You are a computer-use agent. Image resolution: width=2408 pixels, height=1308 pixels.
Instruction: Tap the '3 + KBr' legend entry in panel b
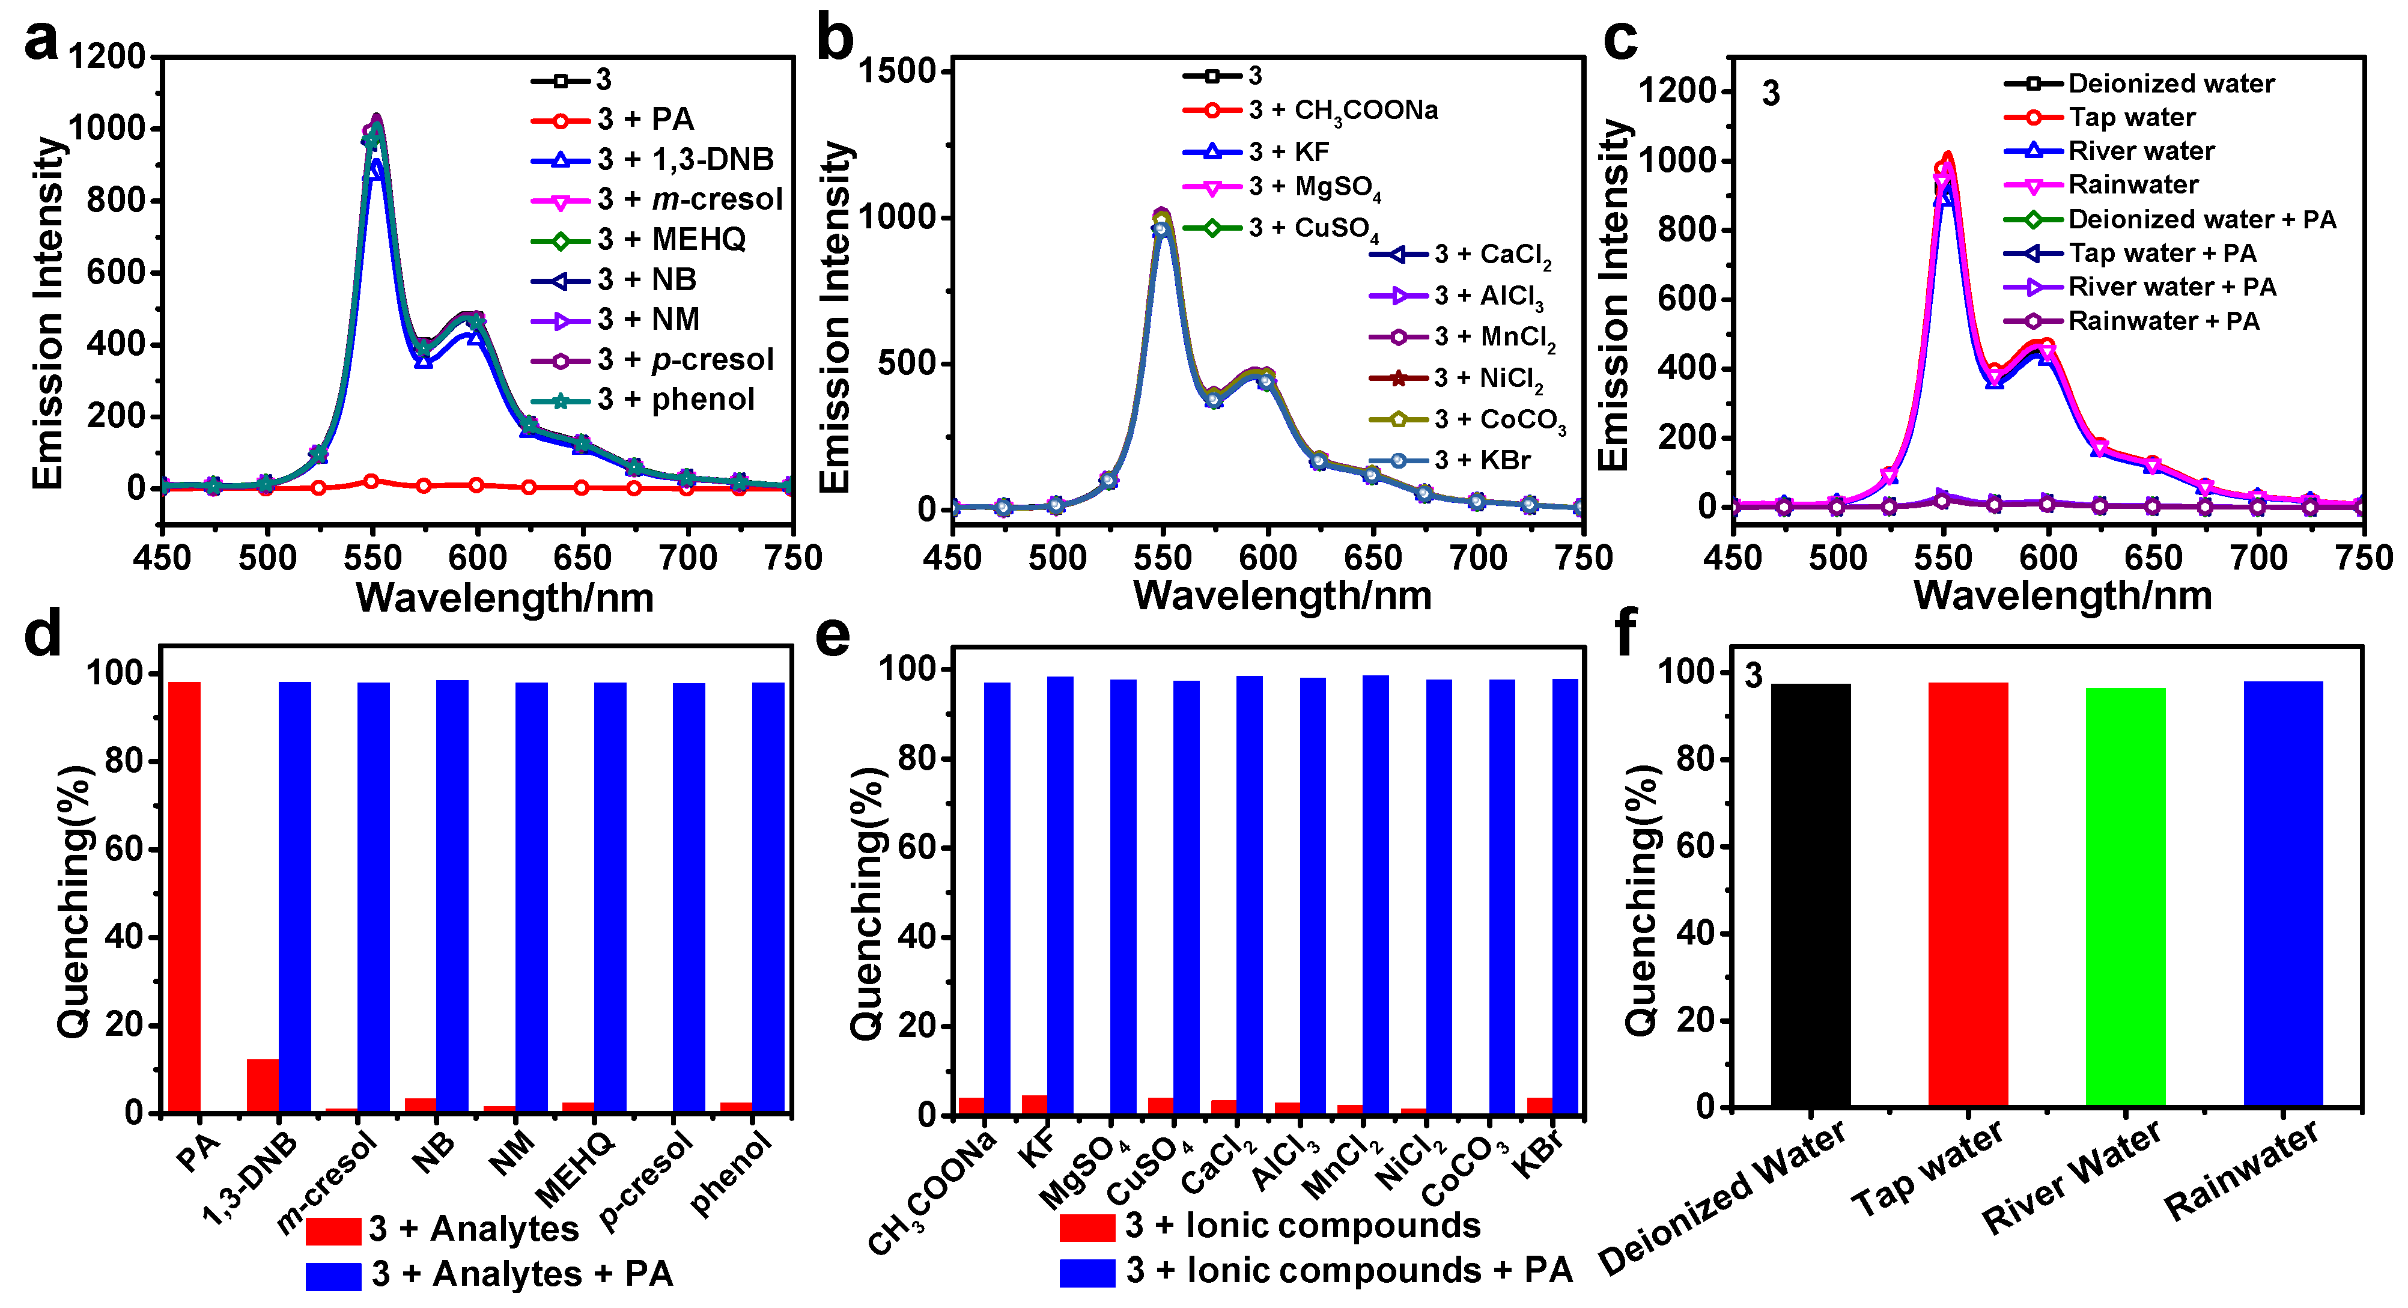coord(1450,460)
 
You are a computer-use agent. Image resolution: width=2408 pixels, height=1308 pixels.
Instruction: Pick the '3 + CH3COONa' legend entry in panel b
coord(1310,111)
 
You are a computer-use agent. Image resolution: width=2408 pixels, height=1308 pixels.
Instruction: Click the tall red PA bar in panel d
coord(184,898)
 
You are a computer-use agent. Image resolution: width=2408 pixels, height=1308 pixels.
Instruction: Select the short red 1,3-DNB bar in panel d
coord(263,1086)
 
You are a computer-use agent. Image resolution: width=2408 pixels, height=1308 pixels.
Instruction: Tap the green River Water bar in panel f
coord(2126,898)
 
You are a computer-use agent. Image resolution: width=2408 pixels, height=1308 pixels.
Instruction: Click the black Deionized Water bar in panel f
coord(1811,896)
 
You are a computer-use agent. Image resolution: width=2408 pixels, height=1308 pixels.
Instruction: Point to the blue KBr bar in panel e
coord(1566,896)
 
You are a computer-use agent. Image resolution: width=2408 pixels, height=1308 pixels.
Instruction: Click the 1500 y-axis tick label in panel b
coord(898,71)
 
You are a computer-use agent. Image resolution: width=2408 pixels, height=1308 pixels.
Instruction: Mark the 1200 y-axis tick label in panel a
coord(108,57)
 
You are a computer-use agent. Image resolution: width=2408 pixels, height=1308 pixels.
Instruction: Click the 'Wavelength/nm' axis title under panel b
coord(1283,595)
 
